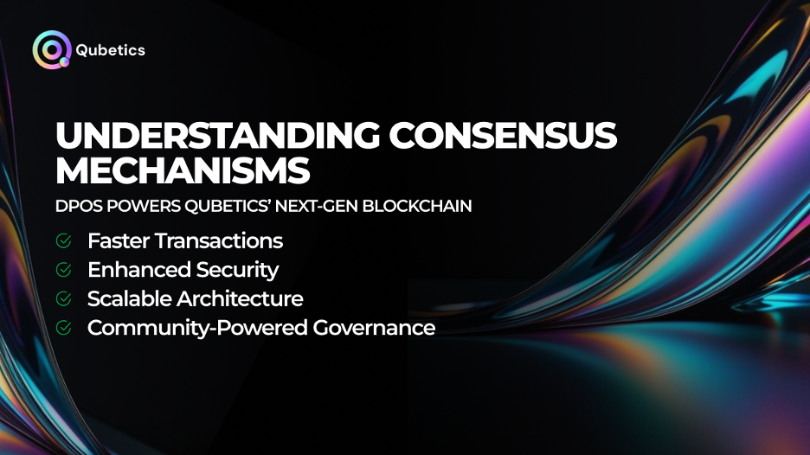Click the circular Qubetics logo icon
(x=51, y=49)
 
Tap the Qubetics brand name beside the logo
(x=110, y=50)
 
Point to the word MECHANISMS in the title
(x=182, y=171)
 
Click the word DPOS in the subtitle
(x=76, y=208)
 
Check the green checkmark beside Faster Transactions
(x=63, y=240)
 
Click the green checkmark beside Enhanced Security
(x=63, y=270)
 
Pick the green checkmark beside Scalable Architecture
(x=63, y=299)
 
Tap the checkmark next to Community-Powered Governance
(x=63, y=328)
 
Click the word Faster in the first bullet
(x=117, y=240)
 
